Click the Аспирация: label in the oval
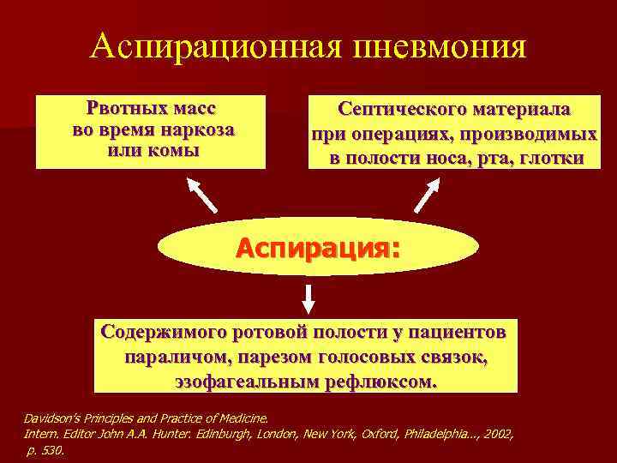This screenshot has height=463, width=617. (318, 249)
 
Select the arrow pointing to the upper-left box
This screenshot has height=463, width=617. (203, 195)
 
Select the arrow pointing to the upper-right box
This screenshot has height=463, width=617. (428, 195)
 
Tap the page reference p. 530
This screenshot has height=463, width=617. (45, 449)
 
